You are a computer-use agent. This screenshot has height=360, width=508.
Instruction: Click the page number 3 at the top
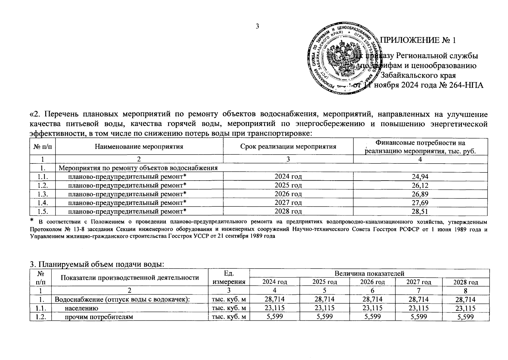coord(257,26)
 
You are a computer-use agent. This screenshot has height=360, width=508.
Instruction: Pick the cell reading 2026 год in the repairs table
coord(288,194)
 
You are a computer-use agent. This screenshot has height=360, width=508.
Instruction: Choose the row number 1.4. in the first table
coord(43,203)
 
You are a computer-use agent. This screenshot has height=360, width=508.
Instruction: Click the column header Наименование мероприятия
coord(139,147)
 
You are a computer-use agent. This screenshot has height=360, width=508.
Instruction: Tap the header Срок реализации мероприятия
coord(288,147)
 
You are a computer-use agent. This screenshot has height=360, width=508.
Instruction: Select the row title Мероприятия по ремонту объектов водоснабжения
coord(138,168)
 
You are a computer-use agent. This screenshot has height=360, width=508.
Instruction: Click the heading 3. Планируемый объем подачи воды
coord(97,265)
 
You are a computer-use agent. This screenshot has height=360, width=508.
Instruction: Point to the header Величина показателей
coord(369,273)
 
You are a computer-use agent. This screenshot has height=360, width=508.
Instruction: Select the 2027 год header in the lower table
coord(419,282)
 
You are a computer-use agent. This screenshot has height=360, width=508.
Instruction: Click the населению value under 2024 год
coord(275,308)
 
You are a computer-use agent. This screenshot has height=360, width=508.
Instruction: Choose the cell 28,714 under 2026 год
coord(372,299)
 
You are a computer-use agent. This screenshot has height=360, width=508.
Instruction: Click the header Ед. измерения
coord(229,277)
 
